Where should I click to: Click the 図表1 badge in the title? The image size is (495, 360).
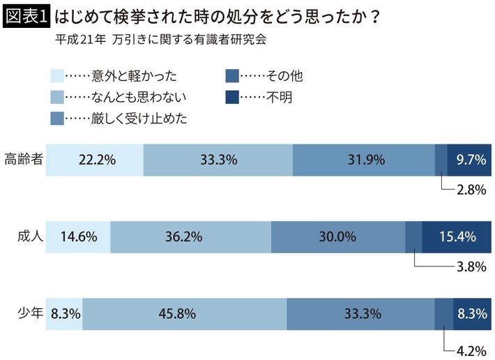click(26, 16)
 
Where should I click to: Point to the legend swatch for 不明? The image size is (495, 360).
click(233, 96)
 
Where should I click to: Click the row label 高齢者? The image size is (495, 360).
click(23, 159)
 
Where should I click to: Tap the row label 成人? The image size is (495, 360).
click(29, 236)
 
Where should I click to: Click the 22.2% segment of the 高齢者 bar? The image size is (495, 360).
click(96, 160)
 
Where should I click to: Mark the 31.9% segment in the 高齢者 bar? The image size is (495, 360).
click(363, 160)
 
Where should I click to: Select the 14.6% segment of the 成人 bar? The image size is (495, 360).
click(79, 237)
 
